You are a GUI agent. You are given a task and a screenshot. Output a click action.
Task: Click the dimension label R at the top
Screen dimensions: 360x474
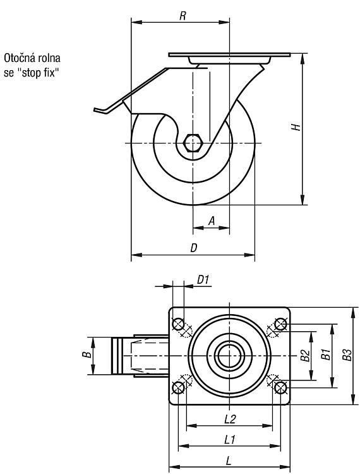click(183, 16)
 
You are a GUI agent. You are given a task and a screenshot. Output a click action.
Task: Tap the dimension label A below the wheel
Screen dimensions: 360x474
click(212, 221)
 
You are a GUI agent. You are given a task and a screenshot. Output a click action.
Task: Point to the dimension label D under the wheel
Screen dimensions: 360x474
click(194, 248)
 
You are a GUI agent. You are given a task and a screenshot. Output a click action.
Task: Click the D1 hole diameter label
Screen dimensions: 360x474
click(203, 279)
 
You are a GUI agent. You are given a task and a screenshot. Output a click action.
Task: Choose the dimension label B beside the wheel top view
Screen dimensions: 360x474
click(87, 355)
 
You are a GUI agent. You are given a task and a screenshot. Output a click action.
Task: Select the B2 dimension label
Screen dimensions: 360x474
click(305, 355)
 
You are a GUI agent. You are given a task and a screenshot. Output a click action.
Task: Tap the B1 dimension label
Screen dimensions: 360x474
click(325, 355)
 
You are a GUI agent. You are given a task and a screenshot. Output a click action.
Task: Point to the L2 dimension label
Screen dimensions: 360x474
click(230, 419)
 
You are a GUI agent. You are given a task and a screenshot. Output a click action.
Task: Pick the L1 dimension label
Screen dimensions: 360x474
click(230, 439)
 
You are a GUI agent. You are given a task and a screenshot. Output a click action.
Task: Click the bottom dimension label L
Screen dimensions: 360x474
click(229, 461)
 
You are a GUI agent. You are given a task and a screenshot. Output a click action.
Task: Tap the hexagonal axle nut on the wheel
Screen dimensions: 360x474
click(193, 143)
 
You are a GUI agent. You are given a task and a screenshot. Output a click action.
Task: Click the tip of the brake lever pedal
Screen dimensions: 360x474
click(94, 110)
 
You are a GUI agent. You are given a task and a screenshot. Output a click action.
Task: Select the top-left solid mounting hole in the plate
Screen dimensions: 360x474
click(178, 324)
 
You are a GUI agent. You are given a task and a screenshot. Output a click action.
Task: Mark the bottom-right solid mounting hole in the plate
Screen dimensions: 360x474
click(281, 387)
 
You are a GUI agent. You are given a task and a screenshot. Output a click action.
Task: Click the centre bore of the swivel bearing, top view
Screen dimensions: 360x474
click(229, 356)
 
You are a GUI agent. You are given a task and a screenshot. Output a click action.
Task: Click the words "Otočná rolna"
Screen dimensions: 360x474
click(32, 58)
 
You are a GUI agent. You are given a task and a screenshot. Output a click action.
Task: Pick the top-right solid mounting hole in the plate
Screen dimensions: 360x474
click(281, 324)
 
